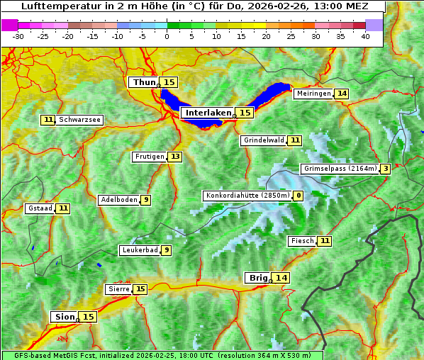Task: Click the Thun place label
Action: click(144, 83)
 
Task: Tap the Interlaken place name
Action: click(208, 113)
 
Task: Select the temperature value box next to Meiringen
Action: click(342, 94)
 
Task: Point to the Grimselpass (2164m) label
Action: click(340, 169)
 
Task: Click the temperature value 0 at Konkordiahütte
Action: click(299, 196)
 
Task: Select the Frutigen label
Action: click(150, 157)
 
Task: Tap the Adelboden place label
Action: click(118, 200)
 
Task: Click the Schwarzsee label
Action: click(79, 120)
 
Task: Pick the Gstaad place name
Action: click(40, 208)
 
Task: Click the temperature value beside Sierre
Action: click(140, 289)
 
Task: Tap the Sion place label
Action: click(64, 317)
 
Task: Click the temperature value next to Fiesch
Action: click(325, 241)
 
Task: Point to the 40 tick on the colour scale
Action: click(365, 36)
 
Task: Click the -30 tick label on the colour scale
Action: click(18, 36)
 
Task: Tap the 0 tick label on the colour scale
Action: click(167, 36)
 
